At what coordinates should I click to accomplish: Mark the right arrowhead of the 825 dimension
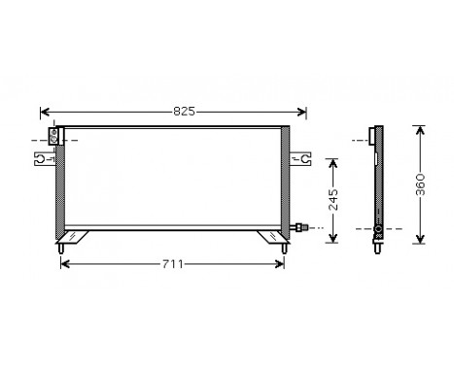(x=304, y=112)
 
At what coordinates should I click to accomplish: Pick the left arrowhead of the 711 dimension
(x=64, y=263)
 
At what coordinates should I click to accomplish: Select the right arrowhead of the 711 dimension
(x=283, y=263)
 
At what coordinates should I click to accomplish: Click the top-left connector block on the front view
(x=54, y=136)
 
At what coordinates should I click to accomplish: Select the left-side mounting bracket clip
(x=44, y=155)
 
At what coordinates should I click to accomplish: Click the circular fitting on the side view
(x=376, y=231)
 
